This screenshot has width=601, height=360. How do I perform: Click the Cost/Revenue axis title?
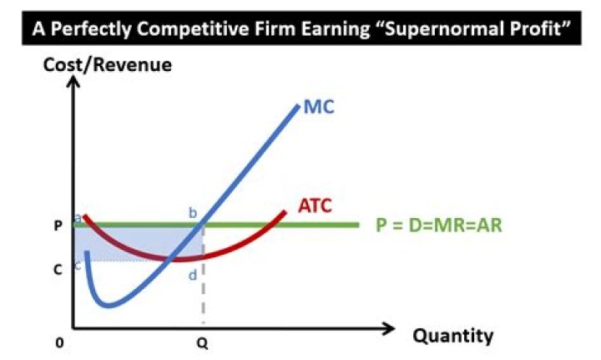pos(109,63)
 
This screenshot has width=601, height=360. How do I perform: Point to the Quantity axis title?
pos(452,336)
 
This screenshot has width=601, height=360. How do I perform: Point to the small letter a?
pos(78,217)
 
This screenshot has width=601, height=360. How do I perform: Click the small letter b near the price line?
pos(193,213)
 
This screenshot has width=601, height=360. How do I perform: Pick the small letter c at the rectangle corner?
pos(78,265)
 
